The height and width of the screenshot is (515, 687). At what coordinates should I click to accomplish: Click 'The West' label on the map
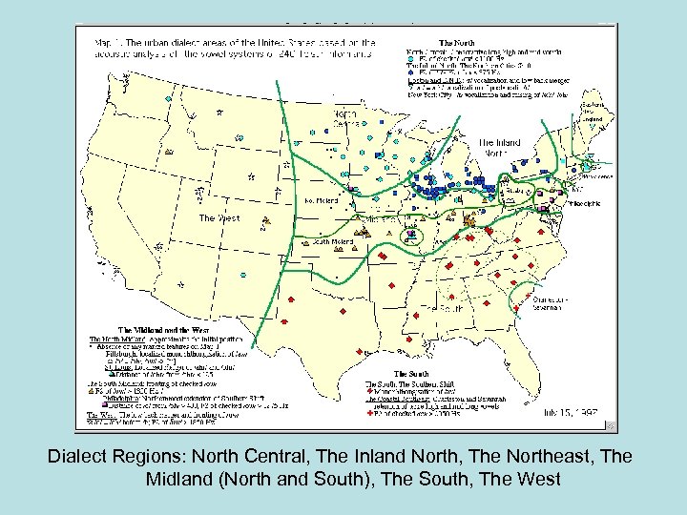click(219, 218)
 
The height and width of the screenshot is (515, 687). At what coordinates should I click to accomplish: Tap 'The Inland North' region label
click(499, 148)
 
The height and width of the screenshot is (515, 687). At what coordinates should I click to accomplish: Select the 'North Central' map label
click(346, 119)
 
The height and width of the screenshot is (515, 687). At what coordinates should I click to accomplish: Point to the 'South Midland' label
click(334, 242)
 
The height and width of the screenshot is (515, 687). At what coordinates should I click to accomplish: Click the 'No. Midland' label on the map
click(322, 201)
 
